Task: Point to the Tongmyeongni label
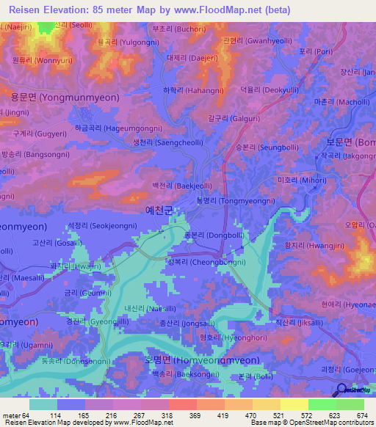[226, 200]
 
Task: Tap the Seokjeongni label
[98, 226]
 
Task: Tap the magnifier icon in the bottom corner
[343, 390]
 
